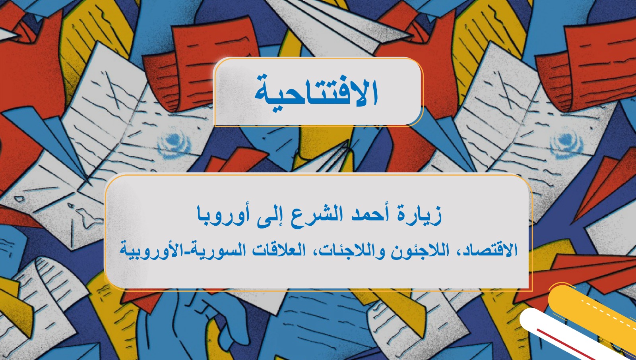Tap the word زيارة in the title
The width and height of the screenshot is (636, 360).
(422, 215)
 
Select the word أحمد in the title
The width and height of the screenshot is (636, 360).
(368, 215)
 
